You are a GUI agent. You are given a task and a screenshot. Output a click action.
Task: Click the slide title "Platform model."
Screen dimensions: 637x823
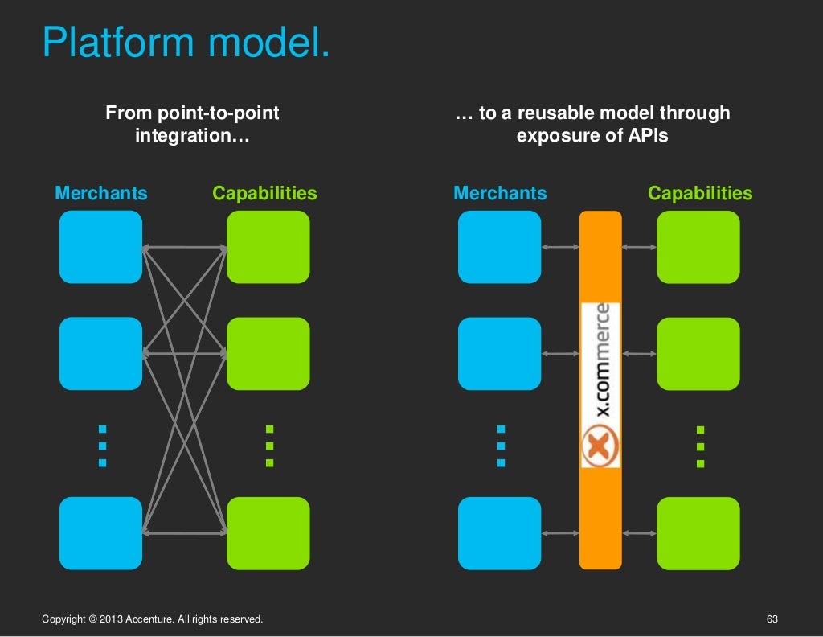tap(186, 42)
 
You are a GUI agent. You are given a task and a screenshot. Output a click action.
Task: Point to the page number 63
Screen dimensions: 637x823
tap(772, 619)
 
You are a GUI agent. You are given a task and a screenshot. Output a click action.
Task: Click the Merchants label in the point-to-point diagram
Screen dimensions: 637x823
tap(101, 194)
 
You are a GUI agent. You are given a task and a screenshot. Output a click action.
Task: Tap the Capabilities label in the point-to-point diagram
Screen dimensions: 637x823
tap(264, 194)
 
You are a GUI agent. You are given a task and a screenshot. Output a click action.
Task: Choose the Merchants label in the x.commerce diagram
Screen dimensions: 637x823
tap(500, 194)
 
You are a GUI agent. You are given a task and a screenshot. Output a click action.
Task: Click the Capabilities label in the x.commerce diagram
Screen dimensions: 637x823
tap(700, 194)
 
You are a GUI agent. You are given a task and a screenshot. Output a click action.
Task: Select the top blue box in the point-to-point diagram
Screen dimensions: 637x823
tap(100, 247)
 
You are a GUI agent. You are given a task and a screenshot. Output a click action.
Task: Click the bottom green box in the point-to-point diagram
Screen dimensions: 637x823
tap(268, 533)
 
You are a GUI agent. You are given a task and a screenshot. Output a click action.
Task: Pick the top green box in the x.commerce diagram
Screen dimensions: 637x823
tap(698, 247)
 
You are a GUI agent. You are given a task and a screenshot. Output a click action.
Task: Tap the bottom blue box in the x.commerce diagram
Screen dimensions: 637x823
tap(499, 533)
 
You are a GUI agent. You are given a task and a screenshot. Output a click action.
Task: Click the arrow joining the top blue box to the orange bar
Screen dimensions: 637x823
tap(560, 247)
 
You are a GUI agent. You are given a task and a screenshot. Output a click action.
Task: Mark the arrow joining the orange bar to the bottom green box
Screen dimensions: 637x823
tap(639, 533)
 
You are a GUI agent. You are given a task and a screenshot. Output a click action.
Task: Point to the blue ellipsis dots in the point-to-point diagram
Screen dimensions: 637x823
tap(102, 446)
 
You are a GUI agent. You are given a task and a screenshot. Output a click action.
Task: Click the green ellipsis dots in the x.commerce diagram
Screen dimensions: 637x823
tap(700, 447)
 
